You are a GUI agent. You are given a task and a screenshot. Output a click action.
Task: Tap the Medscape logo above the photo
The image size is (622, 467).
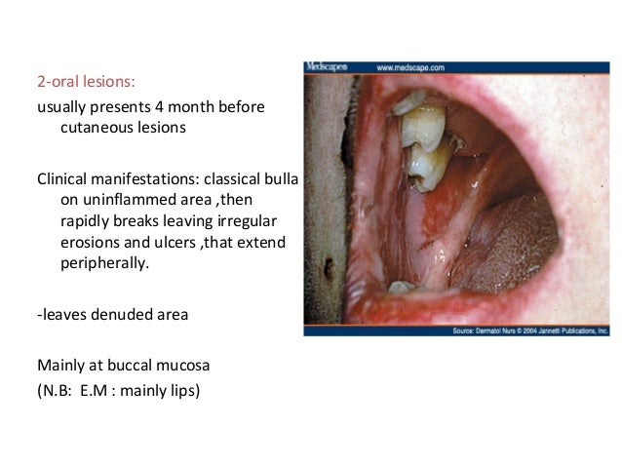click(x=325, y=67)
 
